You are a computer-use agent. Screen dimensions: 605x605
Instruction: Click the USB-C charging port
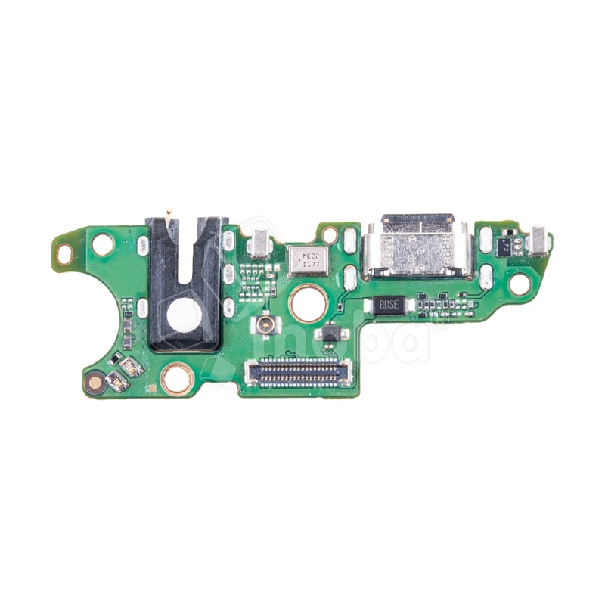(417, 247)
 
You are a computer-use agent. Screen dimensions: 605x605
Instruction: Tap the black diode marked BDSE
(389, 305)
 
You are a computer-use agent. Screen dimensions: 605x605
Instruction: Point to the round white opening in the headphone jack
(184, 315)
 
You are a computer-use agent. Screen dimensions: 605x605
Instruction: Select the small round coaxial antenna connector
(266, 325)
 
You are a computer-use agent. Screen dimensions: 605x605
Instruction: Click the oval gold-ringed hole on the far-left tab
(64, 255)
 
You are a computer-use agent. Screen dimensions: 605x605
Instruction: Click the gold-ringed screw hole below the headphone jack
(177, 378)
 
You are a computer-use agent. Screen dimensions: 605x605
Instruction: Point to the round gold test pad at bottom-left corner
(95, 383)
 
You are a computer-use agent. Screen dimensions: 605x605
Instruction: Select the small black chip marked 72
(504, 245)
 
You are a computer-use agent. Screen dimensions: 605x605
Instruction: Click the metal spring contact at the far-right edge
(540, 240)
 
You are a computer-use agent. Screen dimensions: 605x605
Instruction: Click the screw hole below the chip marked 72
(520, 284)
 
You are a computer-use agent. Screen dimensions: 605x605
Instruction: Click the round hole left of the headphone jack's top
(102, 244)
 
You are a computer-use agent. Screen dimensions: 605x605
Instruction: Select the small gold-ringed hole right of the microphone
(329, 234)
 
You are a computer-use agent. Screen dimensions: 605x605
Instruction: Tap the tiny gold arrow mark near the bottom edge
(152, 389)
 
